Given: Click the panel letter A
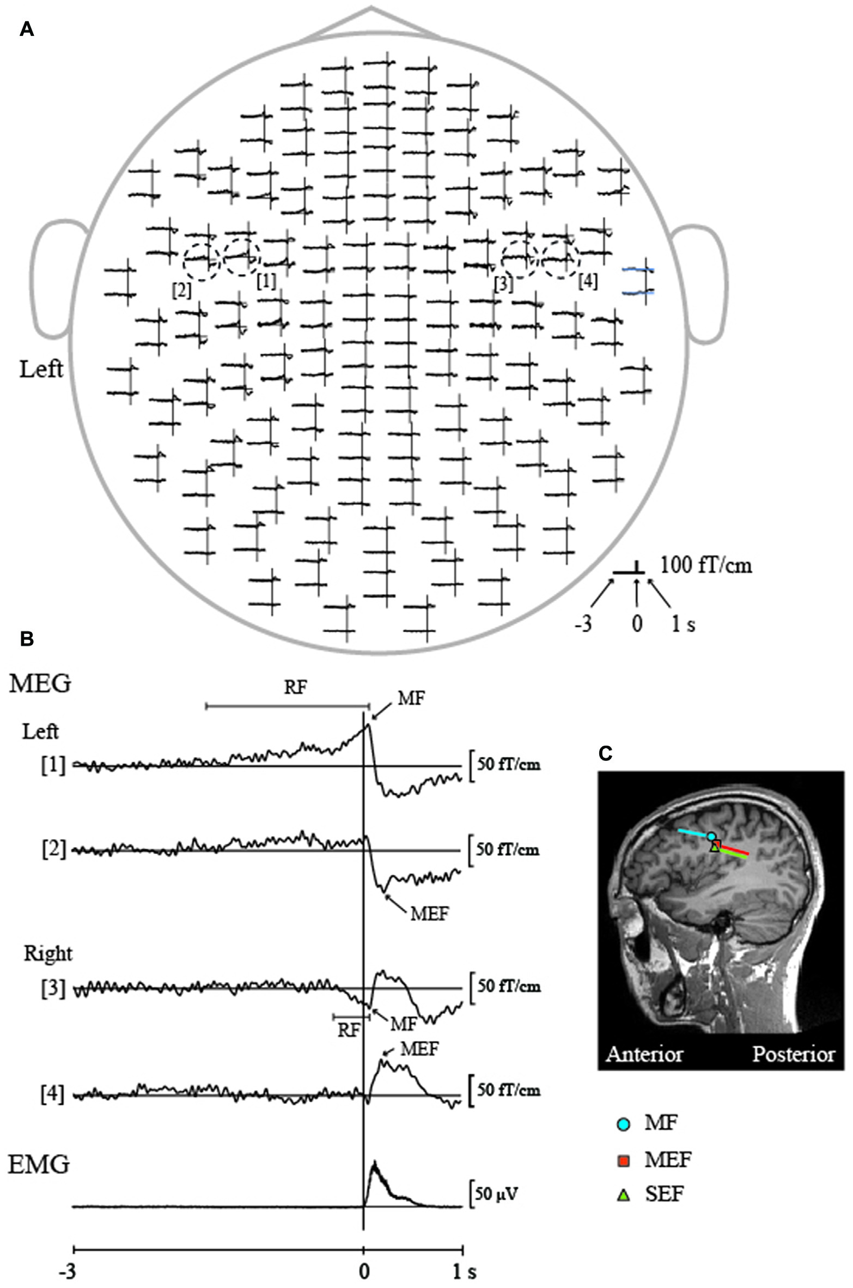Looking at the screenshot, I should point(27,29).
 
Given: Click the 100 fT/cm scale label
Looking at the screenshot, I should point(706,566).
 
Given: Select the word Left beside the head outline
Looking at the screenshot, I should point(41,370).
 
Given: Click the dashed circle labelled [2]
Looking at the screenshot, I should point(202,262).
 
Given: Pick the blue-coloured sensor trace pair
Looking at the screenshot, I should point(639,281).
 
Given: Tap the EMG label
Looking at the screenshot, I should point(39,1164).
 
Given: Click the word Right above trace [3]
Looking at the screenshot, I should point(48,953).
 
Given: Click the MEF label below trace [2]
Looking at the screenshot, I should point(429,914).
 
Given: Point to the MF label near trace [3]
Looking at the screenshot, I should point(403,1024).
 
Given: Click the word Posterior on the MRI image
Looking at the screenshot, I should point(793,1054).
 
